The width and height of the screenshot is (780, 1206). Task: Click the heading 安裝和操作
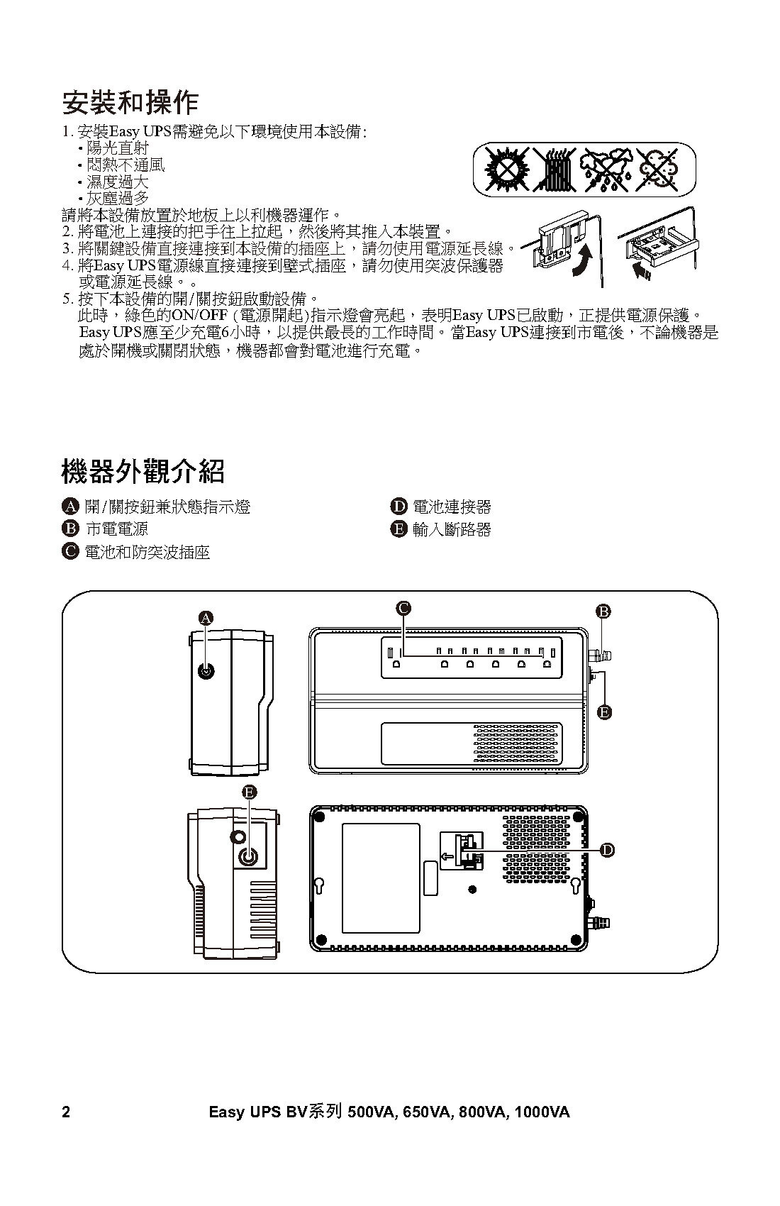[130, 102]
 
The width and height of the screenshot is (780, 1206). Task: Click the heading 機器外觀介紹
[143, 472]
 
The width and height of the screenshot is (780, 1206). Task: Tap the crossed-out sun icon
[506, 169]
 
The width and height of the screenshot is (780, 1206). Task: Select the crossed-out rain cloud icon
[605, 169]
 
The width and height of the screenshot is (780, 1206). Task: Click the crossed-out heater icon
[555, 169]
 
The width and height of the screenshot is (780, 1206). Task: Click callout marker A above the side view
[206, 618]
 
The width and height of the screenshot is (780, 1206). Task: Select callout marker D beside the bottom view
[607, 850]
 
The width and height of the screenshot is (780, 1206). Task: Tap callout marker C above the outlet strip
[403, 608]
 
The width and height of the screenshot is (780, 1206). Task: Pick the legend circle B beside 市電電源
[70, 529]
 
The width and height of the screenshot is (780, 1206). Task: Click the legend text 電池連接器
[452, 507]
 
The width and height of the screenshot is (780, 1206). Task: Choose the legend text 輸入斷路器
[452, 530]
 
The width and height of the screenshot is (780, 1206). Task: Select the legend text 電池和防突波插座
[147, 552]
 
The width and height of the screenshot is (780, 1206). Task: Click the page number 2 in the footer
[66, 1112]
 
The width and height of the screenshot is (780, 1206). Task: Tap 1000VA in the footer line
[542, 1112]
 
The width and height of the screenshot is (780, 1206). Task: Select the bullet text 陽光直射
[117, 148]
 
